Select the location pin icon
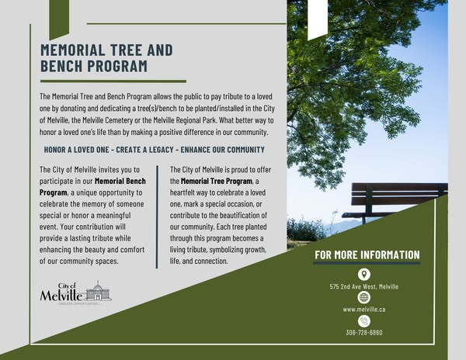364,274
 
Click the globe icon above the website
364,297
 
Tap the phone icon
364,320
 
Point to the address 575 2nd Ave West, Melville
364,286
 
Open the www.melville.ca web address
364,310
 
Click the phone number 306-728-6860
364,333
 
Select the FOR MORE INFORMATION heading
367,255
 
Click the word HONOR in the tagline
57,150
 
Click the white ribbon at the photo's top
317,19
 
